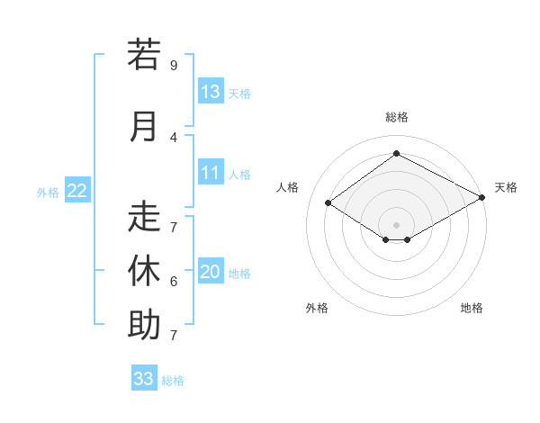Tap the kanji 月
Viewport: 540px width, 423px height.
coord(144,126)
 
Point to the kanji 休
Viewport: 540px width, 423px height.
coord(144,270)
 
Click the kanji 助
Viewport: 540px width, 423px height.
coord(144,324)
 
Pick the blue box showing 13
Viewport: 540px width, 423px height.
coord(211,91)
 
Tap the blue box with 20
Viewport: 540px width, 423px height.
coord(211,272)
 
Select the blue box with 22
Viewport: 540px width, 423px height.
coord(77,190)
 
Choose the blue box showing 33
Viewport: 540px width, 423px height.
coord(144,378)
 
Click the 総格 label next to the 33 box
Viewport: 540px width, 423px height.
coord(174,381)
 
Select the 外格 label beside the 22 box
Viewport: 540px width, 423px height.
coord(48,192)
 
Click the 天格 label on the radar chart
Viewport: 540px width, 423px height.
coord(506,187)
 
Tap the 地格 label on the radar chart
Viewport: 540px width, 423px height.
coord(472,308)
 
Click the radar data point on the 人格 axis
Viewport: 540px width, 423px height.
coord(328,203)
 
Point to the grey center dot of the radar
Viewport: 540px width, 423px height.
coord(396,223)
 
